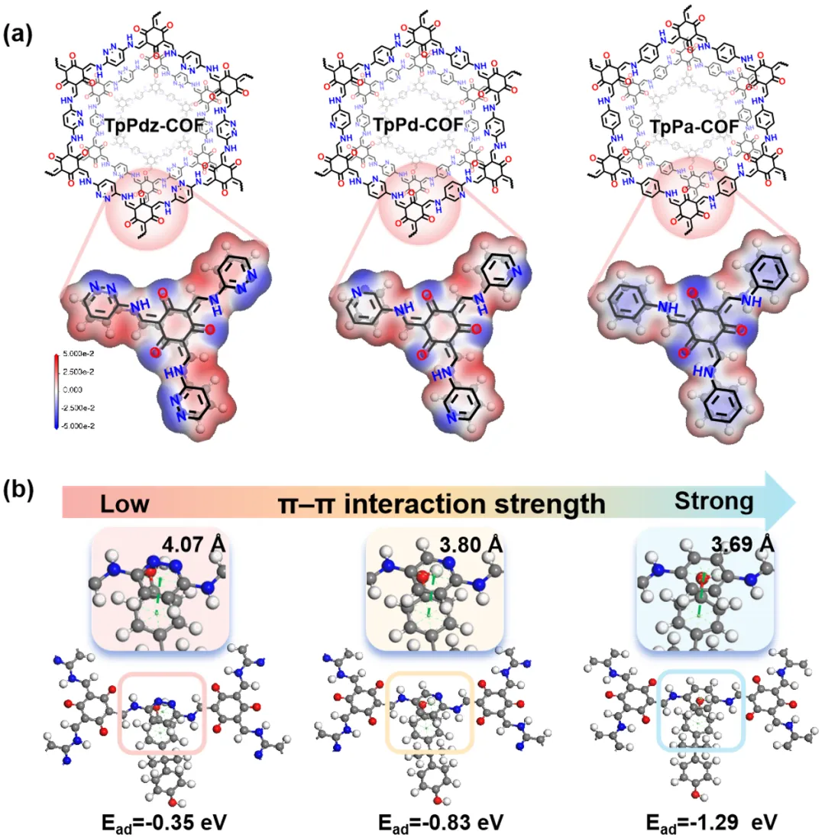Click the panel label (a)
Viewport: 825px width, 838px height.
18,37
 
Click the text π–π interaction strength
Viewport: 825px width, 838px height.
441,503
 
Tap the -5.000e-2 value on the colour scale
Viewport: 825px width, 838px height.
79,425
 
